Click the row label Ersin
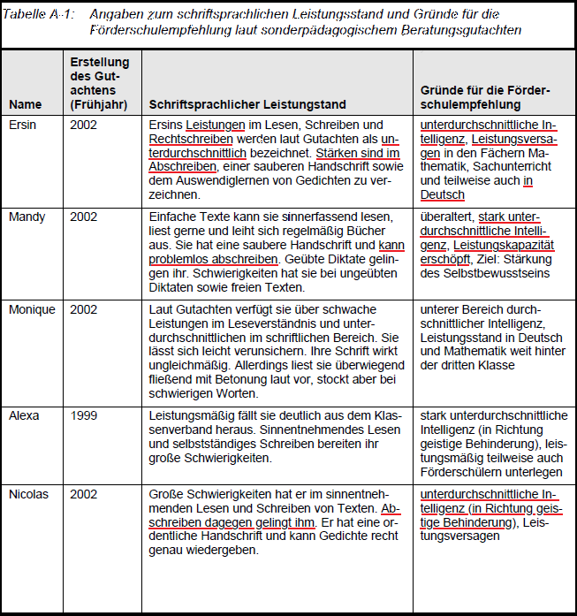(23, 125)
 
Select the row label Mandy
(26, 217)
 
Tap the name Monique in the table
(31, 309)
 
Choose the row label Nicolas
(29, 494)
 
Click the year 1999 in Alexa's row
(84, 414)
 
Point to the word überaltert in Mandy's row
(448, 217)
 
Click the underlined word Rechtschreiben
(191, 139)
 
